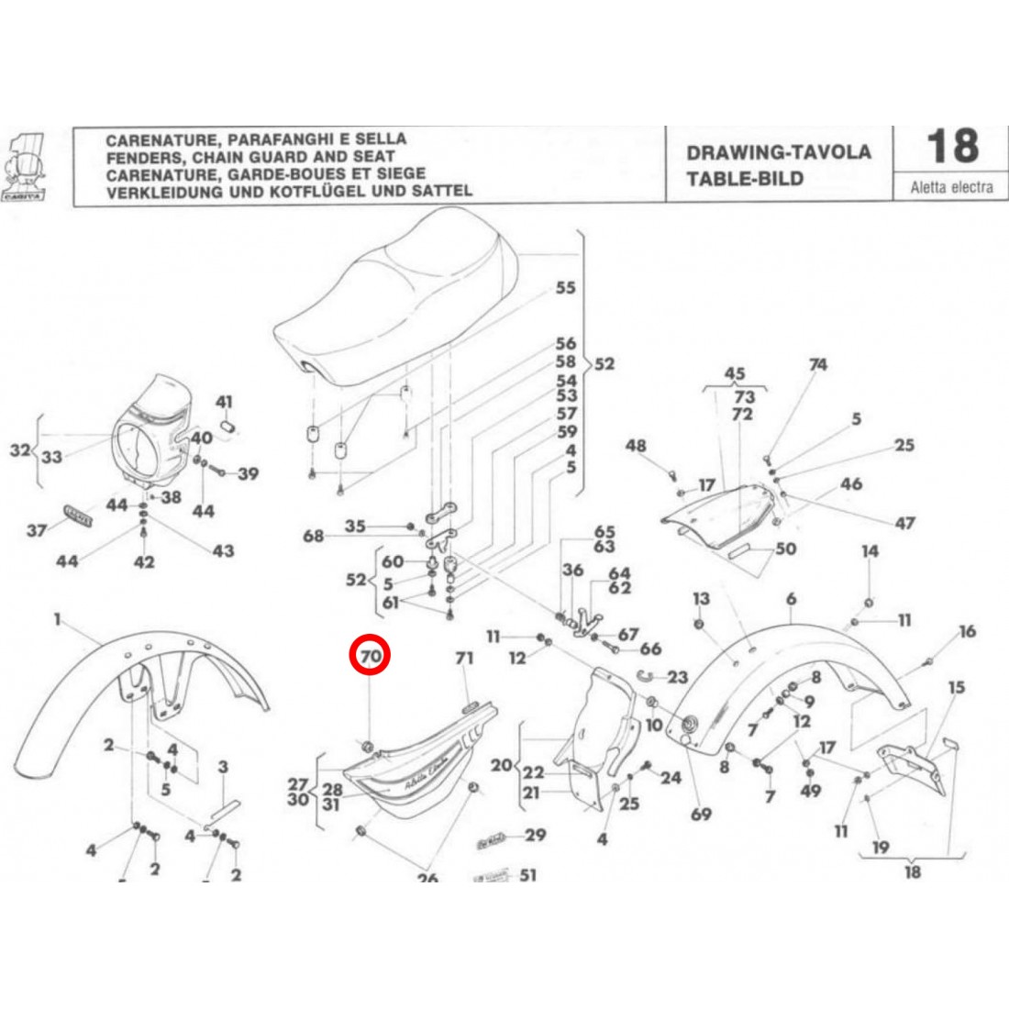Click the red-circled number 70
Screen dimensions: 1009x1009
point(371,656)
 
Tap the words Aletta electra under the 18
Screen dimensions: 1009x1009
point(951,187)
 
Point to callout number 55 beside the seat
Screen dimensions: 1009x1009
point(566,288)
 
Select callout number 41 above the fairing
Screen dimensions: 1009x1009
point(225,402)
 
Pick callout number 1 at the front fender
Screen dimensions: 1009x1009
point(57,620)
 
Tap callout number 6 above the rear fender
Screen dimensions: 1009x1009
point(791,599)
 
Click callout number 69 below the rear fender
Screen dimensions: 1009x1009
point(702,814)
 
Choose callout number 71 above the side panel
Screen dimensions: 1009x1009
point(464,658)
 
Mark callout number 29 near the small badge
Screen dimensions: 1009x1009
point(535,835)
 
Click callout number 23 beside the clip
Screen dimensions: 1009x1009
point(678,678)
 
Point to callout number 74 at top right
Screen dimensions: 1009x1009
point(817,364)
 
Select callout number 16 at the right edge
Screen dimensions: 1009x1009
point(968,631)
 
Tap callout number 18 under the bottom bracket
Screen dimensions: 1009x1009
point(912,870)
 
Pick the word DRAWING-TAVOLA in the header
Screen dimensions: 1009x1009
point(779,152)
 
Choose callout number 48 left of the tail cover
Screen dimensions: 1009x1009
point(636,446)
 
